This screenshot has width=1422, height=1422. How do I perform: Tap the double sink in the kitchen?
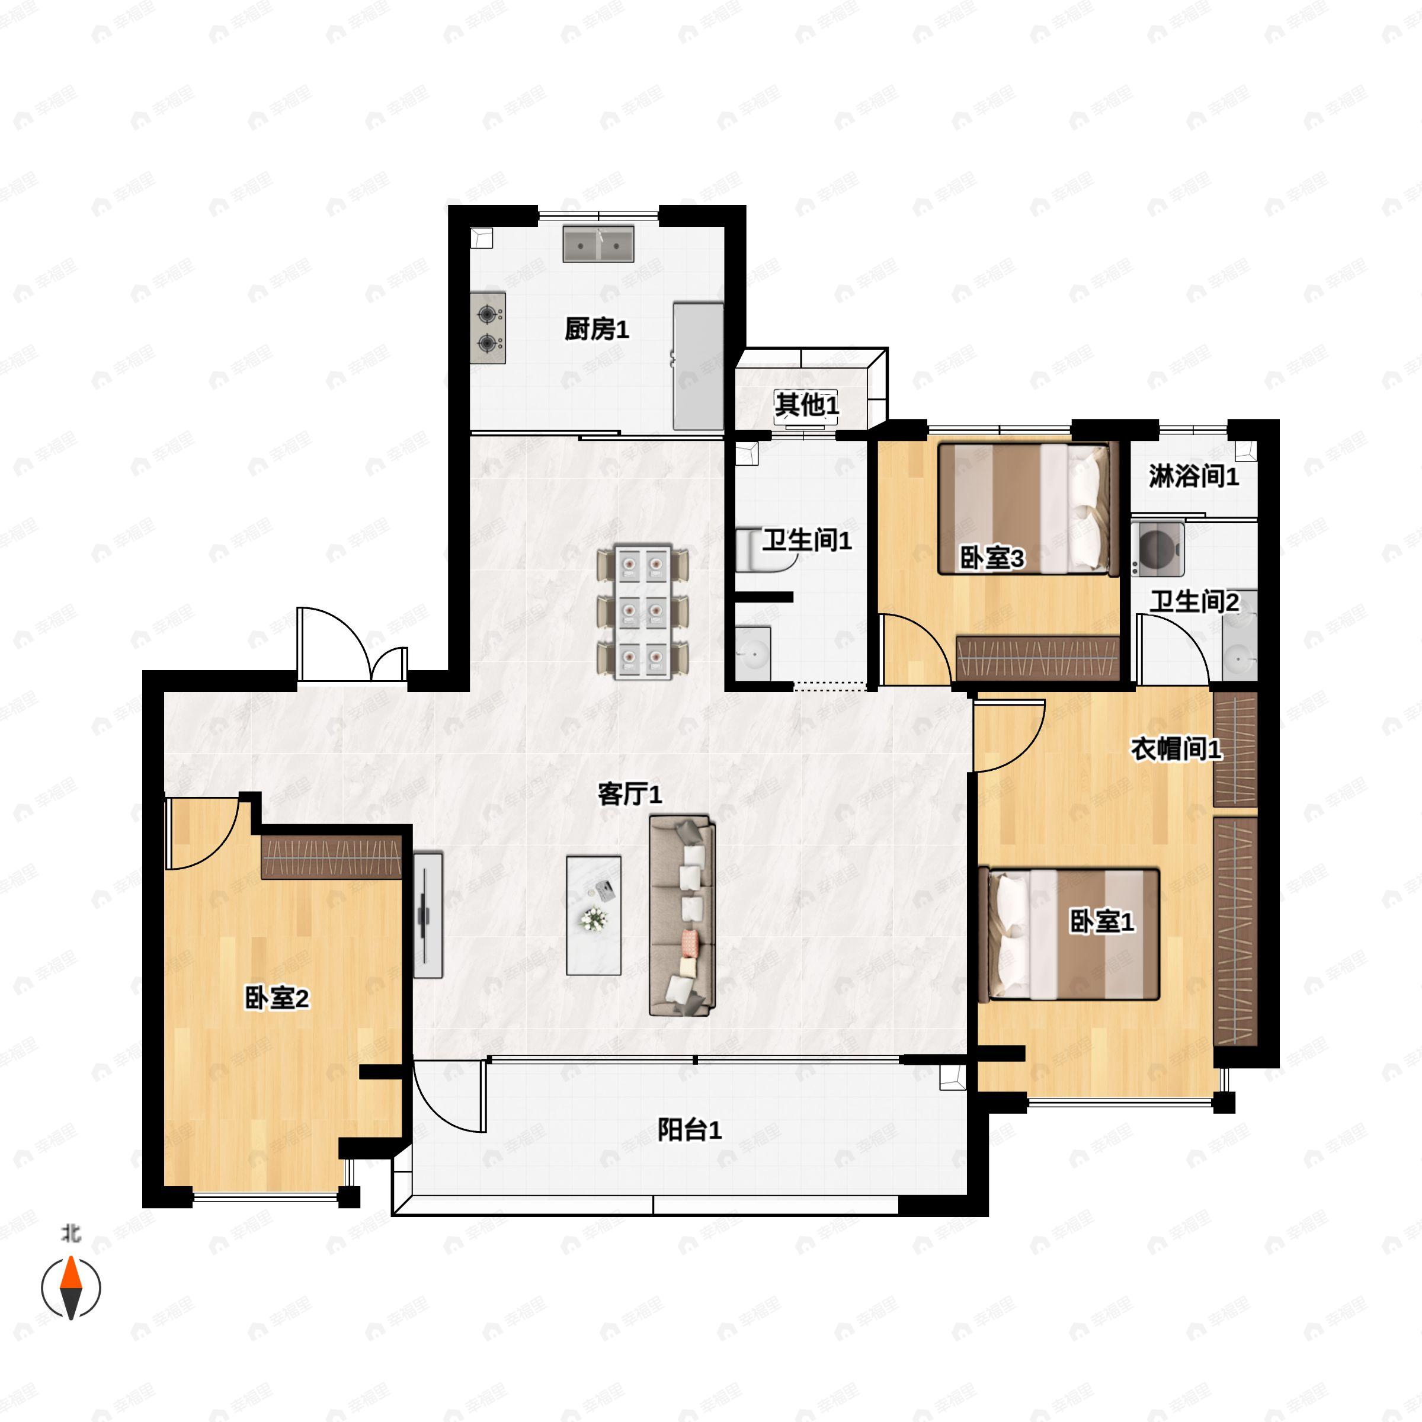pos(598,244)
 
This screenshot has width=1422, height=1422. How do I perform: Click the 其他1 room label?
pos(806,404)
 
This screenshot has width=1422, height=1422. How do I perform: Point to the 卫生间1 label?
pos(806,541)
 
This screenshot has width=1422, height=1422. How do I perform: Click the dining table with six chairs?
pos(642,611)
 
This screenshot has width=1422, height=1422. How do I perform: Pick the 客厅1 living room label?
pos(630,794)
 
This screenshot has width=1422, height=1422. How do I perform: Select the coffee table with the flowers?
pos(593,915)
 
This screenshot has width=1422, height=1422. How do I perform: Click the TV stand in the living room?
pos(428,915)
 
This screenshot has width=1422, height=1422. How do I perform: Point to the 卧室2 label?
pos(277,999)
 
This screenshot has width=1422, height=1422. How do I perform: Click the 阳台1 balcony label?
pos(689,1130)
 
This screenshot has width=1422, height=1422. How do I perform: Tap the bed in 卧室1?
pos(1069,934)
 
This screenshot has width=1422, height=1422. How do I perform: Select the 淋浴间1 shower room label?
pos(1194,477)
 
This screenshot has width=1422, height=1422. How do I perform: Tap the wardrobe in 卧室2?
pos(332,857)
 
